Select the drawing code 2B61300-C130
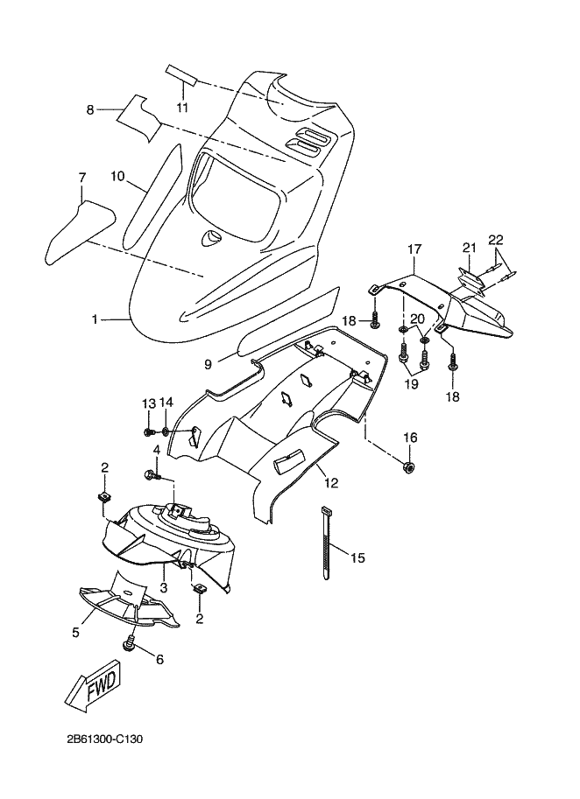point(104,739)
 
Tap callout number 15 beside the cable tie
point(358,558)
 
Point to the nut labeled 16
point(409,466)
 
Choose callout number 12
point(331,482)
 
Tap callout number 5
point(76,633)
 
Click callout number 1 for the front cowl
point(95,319)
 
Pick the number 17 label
point(414,249)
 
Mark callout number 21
point(469,248)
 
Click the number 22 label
point(495,240)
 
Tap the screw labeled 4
point(152,475)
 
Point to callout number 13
point(148,403)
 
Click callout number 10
point(117,176)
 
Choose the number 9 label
point(209,364)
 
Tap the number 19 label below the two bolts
point(412,383)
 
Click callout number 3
point(163,587)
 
